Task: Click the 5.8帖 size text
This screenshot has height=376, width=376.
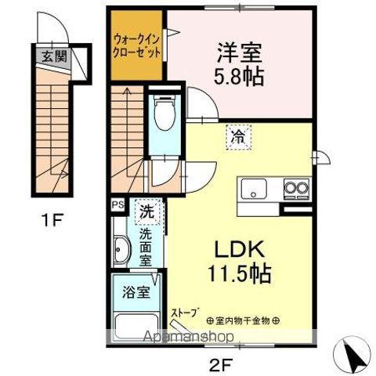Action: [x=238, y=76]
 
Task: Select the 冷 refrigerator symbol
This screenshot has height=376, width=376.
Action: [x=237, y=136]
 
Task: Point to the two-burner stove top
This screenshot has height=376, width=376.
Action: [x=295, y=190]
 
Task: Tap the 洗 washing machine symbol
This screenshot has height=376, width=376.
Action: [x=146, y=210]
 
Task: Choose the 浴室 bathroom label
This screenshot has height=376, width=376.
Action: [x=136, y=294]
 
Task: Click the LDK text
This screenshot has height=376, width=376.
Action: [x=236, y=251]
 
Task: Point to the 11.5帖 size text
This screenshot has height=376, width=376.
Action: [x=238, y=276]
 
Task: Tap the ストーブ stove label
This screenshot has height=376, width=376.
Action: [x=186, y=311]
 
